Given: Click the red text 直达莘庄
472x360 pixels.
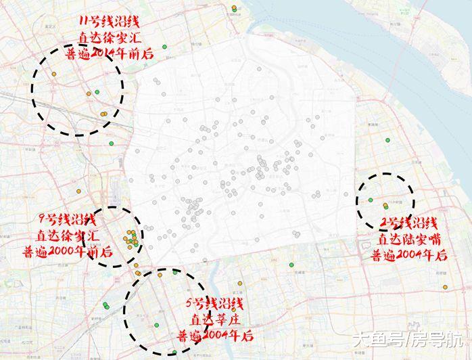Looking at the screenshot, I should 216,319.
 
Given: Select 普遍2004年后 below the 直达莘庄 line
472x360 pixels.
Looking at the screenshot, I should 216,334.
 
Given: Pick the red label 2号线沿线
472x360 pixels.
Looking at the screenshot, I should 408,223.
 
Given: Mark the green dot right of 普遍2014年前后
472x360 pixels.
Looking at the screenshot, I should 164,46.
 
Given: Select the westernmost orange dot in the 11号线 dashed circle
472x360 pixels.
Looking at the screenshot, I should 53,74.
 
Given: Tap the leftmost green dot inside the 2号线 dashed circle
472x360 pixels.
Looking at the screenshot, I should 370,200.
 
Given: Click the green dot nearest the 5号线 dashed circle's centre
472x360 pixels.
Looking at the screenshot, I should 156,325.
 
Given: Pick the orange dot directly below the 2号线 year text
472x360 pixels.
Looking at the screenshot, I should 444,288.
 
